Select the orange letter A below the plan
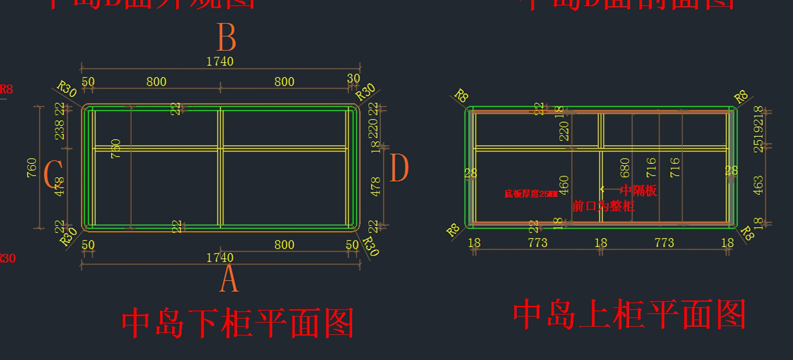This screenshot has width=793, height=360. [229, 280]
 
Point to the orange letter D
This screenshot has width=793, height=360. [400, 168]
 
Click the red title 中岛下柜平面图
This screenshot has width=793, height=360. [238, 324]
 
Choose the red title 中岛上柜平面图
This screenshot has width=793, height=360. [629, 314]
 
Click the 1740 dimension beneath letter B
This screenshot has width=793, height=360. [220, 61]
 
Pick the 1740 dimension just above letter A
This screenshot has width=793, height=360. [220, 258]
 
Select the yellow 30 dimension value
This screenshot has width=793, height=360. [354, 79]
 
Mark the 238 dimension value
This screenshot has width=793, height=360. [59, 131]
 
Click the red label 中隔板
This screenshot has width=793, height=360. [638, 192]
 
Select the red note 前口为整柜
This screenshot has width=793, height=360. [603, 206]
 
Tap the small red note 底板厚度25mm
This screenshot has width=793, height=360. [531, 194]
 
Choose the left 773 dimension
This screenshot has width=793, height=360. [537, 243]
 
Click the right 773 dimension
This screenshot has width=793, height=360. [664, 243]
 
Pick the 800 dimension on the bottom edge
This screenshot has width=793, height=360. [284, 245]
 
